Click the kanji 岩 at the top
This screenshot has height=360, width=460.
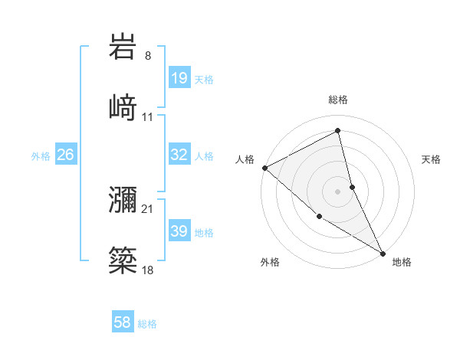123,47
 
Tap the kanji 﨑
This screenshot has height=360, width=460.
123,107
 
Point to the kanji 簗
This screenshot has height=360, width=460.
123,260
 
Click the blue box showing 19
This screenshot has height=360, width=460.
179,78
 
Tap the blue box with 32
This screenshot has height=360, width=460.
179,155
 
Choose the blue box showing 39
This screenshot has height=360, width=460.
179,231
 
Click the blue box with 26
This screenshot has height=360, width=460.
65,155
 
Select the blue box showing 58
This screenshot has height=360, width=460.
123,323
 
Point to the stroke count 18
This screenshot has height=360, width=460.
147,270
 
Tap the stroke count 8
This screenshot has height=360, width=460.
147,56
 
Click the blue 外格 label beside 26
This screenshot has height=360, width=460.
41,156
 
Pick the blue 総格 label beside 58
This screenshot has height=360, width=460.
147,325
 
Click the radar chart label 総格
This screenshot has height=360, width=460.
337,100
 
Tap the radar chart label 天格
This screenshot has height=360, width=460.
431,159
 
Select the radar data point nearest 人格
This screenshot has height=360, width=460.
264,168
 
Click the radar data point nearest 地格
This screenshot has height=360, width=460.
383,252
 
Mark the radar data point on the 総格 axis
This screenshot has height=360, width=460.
337,131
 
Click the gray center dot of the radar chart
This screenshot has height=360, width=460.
337,191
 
